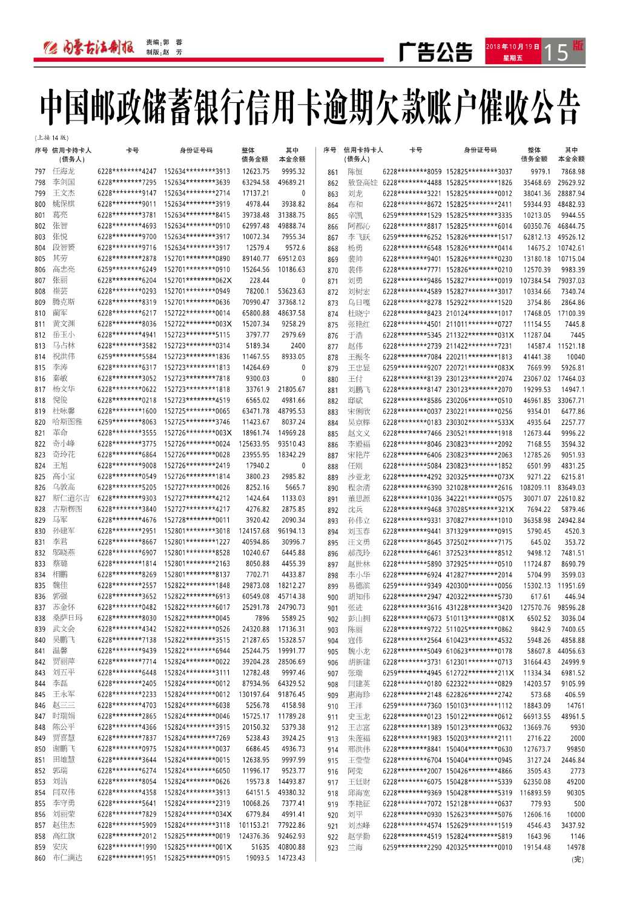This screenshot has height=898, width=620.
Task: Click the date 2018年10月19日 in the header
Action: click(x=512, y=47)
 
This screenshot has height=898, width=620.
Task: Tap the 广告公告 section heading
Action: click(x=435, y=53)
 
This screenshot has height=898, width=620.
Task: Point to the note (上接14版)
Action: click(x=52, y=138)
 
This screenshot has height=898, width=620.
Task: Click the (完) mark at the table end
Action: click(x=578, y=859)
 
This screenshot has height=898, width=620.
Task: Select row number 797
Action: click(x=40, y=172)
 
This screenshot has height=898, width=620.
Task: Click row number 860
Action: click(x=40, y=858)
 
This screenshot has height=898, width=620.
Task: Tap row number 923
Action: click(x=333, y=848)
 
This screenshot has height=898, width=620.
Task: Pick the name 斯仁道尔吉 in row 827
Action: click(x=71, y=498)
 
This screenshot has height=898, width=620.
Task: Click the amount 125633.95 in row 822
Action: click(x=254, y=444)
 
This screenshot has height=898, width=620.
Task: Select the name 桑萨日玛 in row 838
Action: click(x=67, y=618)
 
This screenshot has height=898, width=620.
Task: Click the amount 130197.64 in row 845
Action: click(x=254, y=694)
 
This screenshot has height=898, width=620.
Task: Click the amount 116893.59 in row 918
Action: click(x=535, y=793)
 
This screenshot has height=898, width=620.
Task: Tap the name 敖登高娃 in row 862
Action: click(x=363, y=183)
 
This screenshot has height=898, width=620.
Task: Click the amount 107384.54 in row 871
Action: click(x=535, y=281)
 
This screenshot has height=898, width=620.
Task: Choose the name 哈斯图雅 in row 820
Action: click(x=67, y=422)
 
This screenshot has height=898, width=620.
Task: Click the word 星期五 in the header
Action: click(x=512, y=58)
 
